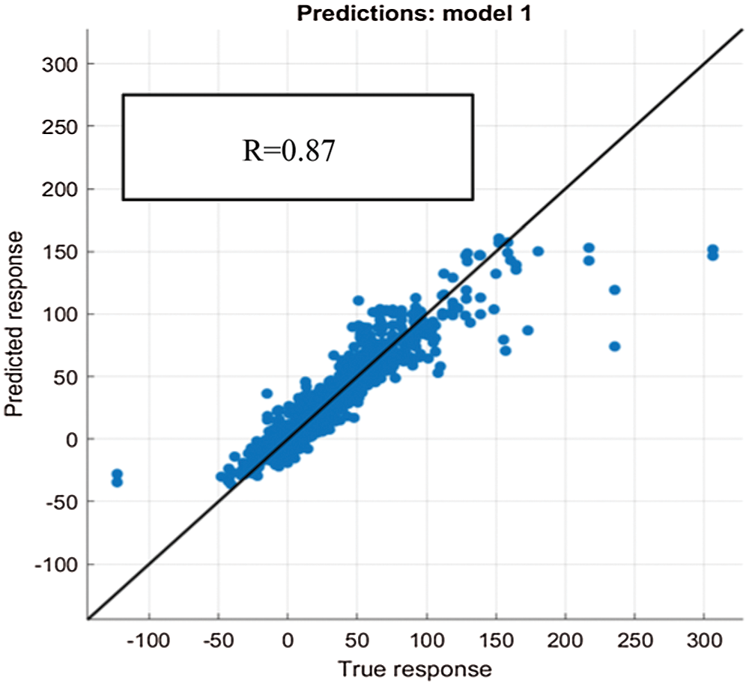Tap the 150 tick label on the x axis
point(496,641)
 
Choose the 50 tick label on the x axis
point(357,641)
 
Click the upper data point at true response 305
point(712,249)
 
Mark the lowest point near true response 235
point(615,346)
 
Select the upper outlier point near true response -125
point(117,474)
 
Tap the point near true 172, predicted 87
point(527,330)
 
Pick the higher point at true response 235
point(615,290)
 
